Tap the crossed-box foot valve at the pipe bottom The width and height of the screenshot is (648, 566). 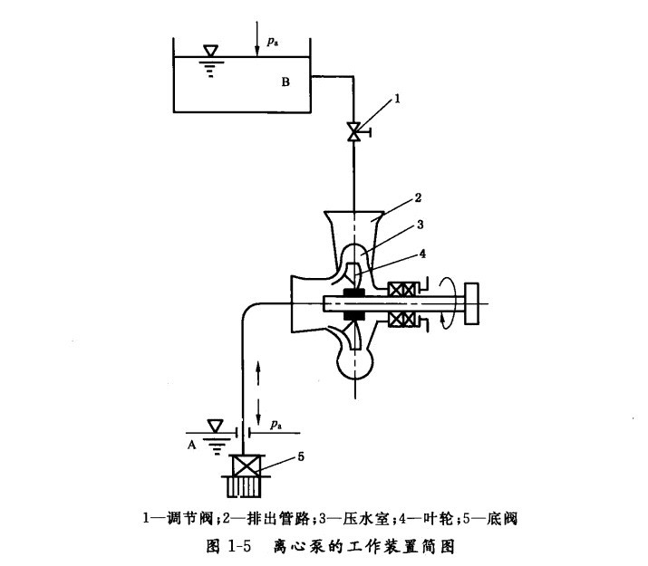[245, 467]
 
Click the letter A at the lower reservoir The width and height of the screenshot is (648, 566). [193, 444]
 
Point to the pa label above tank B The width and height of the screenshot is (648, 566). [273, 42]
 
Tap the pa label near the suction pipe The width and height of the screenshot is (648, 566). [275, 421]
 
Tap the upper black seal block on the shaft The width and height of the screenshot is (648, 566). [353, 291]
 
